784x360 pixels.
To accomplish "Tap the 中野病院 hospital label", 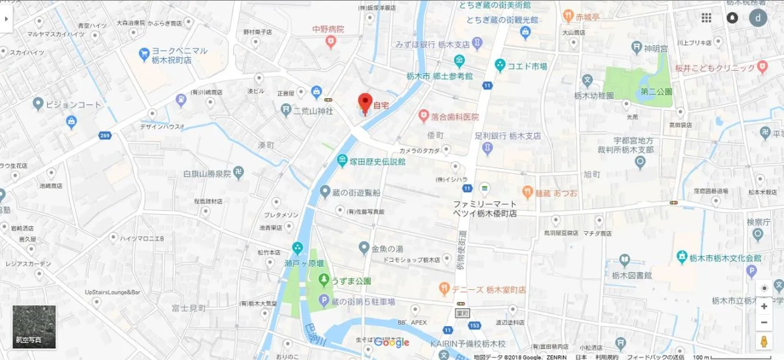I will pos(328,29).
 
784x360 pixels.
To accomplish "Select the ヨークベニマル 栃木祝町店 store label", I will pos(180,55).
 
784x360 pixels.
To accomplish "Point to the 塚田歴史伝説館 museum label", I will pos(379,161).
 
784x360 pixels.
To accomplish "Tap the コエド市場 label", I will pos(527,66).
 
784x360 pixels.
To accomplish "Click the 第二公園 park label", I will pos(656,91).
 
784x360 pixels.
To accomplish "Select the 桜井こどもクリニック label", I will pos(715,68).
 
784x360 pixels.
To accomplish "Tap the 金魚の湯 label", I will pos(388,249).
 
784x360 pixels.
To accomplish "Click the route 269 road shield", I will pos(104,136).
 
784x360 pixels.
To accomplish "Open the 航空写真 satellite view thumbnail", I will pos(34,327).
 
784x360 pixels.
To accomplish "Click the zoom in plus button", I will pos(764,306).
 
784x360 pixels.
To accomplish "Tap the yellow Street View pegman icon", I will pos(764,342).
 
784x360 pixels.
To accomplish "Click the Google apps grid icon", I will pos(706,18).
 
